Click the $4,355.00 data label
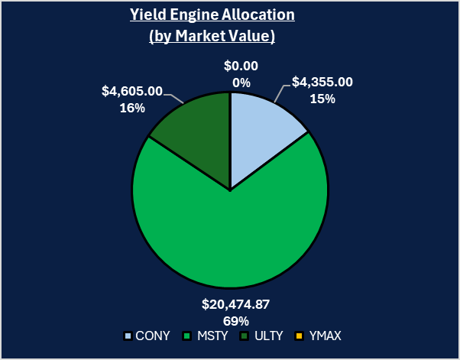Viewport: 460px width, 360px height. click(323, 83)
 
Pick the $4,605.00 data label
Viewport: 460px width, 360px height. click(132, 91)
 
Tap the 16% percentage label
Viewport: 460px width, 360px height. click(132, 108)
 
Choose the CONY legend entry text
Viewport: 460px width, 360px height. click(151, 336)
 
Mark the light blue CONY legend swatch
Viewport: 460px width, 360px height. click(128, 336)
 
